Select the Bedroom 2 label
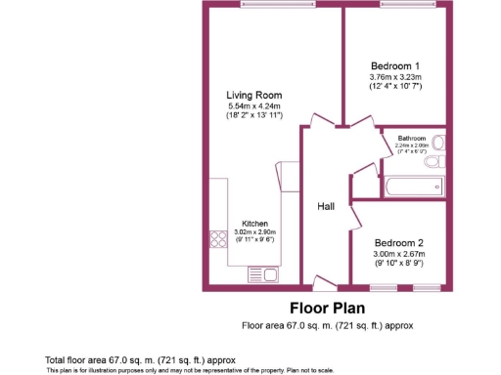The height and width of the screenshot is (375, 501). click(399, 243)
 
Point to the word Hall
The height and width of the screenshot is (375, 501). click(327, 207)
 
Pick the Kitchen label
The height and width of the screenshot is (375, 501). click(255, 224)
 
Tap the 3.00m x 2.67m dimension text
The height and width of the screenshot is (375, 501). click(399, 255)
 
